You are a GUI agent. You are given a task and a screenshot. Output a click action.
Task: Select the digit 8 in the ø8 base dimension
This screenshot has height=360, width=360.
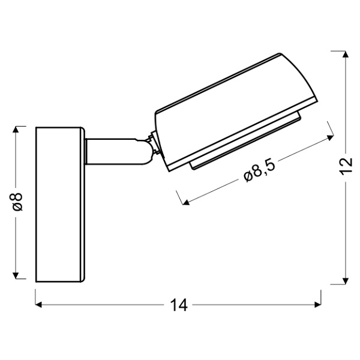pos(17,196)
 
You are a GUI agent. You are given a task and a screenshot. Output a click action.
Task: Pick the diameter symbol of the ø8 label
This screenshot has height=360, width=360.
pos(17,208)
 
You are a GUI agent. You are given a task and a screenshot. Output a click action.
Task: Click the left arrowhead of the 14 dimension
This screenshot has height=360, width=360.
pos(40,305)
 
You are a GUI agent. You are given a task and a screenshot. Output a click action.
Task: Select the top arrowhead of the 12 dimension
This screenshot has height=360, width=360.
pos(345,55)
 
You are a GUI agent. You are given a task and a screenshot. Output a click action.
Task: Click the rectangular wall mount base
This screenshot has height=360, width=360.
pos(59,203)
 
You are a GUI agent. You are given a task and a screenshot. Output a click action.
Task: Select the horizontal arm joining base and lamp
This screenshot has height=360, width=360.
pos(114,151)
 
